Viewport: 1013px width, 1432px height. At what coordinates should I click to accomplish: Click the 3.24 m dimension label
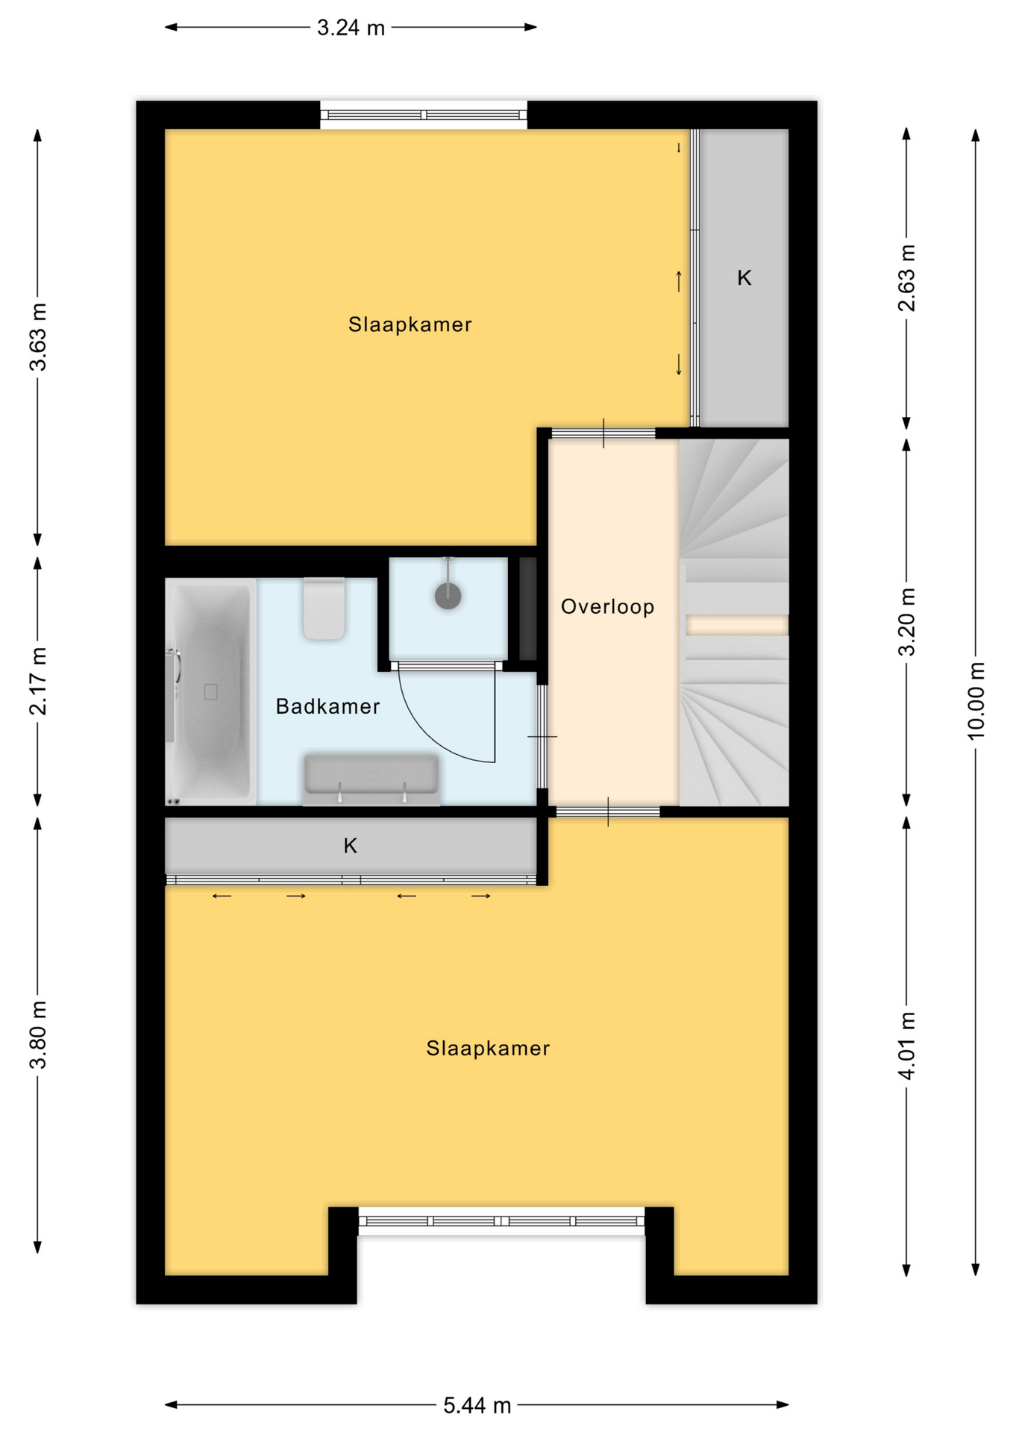(351, 28)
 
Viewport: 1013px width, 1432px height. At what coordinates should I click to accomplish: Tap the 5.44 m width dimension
(477, 1406)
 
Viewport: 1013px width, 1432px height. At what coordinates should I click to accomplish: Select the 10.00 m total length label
(976, 700)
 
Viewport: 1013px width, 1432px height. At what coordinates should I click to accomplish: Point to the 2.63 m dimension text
(906, 277)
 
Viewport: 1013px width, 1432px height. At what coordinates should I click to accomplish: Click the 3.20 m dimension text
(906, 621)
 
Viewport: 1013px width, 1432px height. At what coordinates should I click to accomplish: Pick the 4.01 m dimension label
(906, 1046)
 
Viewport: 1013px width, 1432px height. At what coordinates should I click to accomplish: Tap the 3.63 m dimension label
(38, 337)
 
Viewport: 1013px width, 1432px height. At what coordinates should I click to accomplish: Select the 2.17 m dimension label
(38, 681)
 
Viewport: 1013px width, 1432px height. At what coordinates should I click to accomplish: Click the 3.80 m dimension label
(38, 1035)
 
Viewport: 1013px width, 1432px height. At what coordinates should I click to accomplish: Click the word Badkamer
(327, 706)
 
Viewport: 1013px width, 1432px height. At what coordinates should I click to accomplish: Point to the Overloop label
(607, 606)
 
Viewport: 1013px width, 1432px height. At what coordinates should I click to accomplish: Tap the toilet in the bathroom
(324, 608)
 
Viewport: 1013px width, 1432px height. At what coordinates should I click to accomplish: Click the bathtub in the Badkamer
(211, 692)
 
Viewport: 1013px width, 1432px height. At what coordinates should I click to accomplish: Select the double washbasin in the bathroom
(371, 779)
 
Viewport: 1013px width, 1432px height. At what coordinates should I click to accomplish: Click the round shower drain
(448, 596)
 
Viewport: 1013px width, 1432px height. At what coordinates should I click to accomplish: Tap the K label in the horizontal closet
(350, 846)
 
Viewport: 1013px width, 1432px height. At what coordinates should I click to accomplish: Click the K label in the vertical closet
(744, 278)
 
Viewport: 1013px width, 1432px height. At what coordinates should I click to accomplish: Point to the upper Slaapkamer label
(410, 324)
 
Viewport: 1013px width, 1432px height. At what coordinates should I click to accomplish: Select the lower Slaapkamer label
(488, 1048)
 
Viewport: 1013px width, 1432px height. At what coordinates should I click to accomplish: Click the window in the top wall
(424, 115)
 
